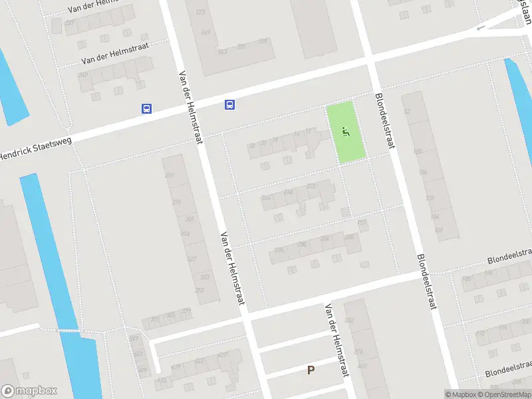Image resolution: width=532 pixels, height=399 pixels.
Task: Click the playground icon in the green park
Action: pos(344,132)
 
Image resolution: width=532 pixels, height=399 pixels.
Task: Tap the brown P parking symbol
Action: pos(311,370)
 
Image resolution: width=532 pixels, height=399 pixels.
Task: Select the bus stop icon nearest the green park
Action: pos(229,104)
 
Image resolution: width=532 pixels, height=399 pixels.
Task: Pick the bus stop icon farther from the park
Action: pos(146,109)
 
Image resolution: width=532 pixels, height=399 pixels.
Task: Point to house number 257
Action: pos(170,176)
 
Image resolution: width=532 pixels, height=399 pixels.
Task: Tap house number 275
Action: pos(176,203)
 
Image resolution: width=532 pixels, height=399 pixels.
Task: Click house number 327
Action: pos(192,259)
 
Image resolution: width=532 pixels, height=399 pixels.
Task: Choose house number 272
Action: pos(311,187)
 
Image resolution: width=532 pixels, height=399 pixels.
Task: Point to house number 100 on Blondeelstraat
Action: pos(418,152)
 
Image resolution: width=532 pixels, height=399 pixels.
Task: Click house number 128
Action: pos(430,199)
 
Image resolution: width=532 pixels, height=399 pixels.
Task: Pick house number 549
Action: pos(205,32)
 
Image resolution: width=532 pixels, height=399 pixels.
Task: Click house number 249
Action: pos(84,74)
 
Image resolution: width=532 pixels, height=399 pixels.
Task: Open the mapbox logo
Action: pos(29,391)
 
